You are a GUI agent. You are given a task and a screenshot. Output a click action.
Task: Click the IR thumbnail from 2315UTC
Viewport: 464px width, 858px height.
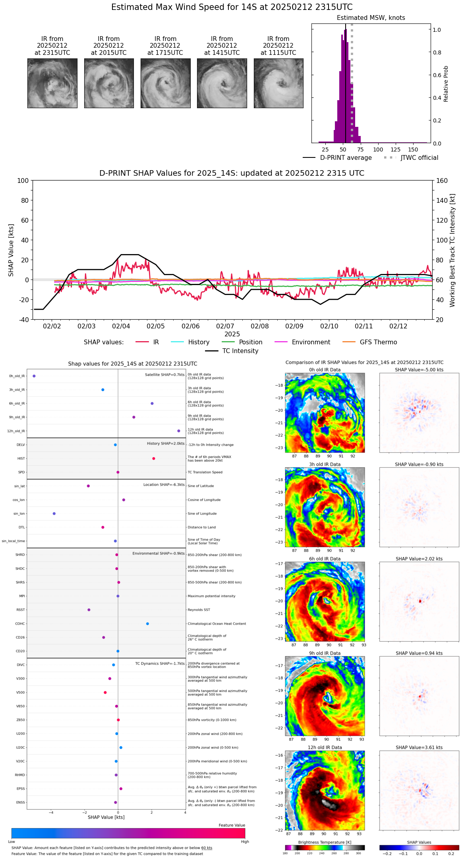click(52, 83)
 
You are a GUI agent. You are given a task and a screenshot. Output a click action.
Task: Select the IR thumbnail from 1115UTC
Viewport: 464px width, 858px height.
click(278, 83)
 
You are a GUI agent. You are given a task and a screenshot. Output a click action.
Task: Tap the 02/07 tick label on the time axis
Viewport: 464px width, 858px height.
click(225, 326)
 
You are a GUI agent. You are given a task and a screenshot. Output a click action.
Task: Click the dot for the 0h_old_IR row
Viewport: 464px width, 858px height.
click(34, 376)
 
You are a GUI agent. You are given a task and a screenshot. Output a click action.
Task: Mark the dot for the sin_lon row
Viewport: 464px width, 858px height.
click(54, 514)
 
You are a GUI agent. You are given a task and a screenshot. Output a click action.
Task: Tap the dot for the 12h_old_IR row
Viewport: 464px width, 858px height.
click(179, 431)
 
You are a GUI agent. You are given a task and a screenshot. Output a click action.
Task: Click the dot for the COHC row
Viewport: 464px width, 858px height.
click(147, 624)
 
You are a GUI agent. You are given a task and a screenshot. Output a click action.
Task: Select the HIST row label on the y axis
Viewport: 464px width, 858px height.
click(21, 459)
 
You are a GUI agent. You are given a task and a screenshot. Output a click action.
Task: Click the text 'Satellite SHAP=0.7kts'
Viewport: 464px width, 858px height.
click(164, 375)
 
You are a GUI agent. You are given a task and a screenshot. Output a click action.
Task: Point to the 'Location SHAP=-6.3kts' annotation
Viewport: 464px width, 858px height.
click(164, 485)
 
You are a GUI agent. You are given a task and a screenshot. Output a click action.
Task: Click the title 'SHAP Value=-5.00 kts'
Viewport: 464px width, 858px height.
click(419, 370)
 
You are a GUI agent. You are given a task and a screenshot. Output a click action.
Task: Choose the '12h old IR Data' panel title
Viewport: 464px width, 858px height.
click(325, 748)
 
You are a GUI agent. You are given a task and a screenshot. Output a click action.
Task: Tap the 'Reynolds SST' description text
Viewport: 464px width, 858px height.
click(199, 610)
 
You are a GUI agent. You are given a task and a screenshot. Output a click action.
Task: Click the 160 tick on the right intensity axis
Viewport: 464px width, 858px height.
click(442, 181)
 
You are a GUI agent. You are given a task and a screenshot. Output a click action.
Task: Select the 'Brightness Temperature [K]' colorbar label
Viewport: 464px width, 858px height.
click(325, 842)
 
